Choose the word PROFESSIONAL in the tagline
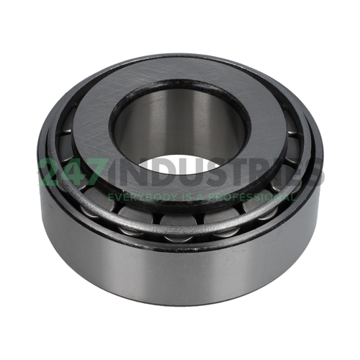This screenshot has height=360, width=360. click(x=256, y=196)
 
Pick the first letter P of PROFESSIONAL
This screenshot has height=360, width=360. click(x=220, y=196)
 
